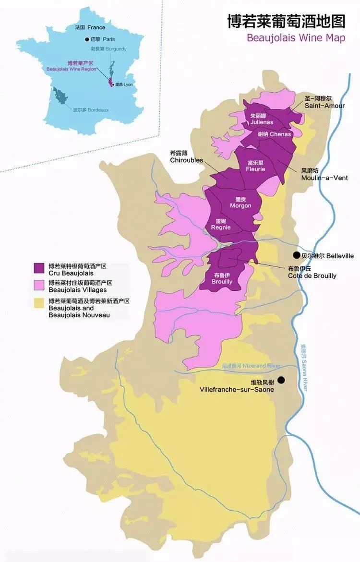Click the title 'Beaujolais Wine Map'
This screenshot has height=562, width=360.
point(296,38)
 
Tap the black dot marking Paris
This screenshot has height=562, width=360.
point(87,39)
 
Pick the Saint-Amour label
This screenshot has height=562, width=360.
point(324,106)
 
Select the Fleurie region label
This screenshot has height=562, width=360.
point(255,169)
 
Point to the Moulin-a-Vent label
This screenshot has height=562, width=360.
point(324,178)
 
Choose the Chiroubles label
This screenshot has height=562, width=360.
point(186,160)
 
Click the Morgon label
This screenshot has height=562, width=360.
point(240,205)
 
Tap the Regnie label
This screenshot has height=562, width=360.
point(221,227)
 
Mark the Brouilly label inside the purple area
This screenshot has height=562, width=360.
point(222,282)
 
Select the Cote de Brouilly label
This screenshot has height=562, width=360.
point(312,275)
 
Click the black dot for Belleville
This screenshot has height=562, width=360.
point(297,256)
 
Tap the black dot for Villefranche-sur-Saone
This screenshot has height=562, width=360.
point(281,380)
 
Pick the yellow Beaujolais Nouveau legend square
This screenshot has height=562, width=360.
point(39,303)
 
